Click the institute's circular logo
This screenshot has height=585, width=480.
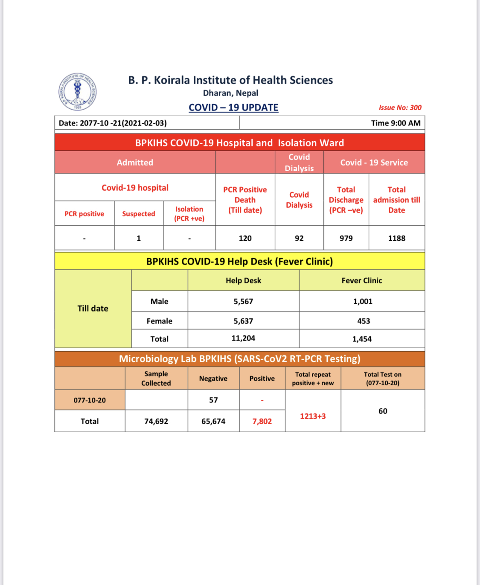coord(77,92)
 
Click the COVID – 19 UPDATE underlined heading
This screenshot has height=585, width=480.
coord(233,108)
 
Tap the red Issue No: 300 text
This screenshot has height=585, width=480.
coord(400,108)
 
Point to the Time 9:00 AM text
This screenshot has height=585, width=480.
coord(396,123)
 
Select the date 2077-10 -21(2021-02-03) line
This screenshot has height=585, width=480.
coord(113,123)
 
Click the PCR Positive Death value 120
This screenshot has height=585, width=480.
coord(245,238)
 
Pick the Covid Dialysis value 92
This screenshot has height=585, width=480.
coord(299,238)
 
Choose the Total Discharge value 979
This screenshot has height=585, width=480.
coord(346,238)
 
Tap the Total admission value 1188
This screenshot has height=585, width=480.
coord(396,238)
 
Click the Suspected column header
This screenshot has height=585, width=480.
coord(139,214)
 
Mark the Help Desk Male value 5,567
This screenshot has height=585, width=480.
coord(243,301)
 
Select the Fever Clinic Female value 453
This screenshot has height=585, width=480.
coord(364,321)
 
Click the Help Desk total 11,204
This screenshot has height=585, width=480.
coord(243,338)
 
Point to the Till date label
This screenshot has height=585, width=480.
coord(93,309)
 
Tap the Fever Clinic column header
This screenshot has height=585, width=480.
coord(362,280)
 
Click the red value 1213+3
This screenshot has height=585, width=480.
coord(313,416)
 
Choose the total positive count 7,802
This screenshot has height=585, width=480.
coord(262,421)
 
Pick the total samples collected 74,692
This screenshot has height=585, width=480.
coord(156,421)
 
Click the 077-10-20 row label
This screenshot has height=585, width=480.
coord(90,400)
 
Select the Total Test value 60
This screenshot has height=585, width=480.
coord(383,411)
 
